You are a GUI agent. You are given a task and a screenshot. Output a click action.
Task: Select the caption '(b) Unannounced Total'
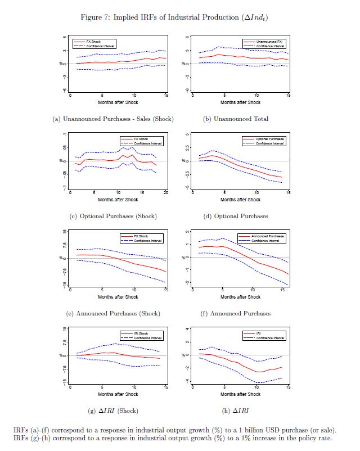[236, 119]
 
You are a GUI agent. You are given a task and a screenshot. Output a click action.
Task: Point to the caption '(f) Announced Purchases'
[236, 314]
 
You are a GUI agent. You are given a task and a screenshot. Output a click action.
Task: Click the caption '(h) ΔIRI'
[236, 411]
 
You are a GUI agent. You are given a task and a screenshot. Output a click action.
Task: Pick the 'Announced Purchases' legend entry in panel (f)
[269, 236]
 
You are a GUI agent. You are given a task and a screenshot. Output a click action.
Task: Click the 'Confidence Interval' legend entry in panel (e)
[148, 240]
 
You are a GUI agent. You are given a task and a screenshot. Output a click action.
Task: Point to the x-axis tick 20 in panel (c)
[165, 193]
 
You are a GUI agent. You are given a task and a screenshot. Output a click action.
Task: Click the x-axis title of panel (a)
[118, 102]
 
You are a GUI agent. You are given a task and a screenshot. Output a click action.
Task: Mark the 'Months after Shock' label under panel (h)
[240, 394]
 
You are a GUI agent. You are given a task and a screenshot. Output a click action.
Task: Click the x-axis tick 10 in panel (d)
[256, 193]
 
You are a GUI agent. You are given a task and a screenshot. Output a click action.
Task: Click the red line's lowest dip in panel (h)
[258, 372]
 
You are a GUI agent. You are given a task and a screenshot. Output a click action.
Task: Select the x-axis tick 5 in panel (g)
[102, 387]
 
